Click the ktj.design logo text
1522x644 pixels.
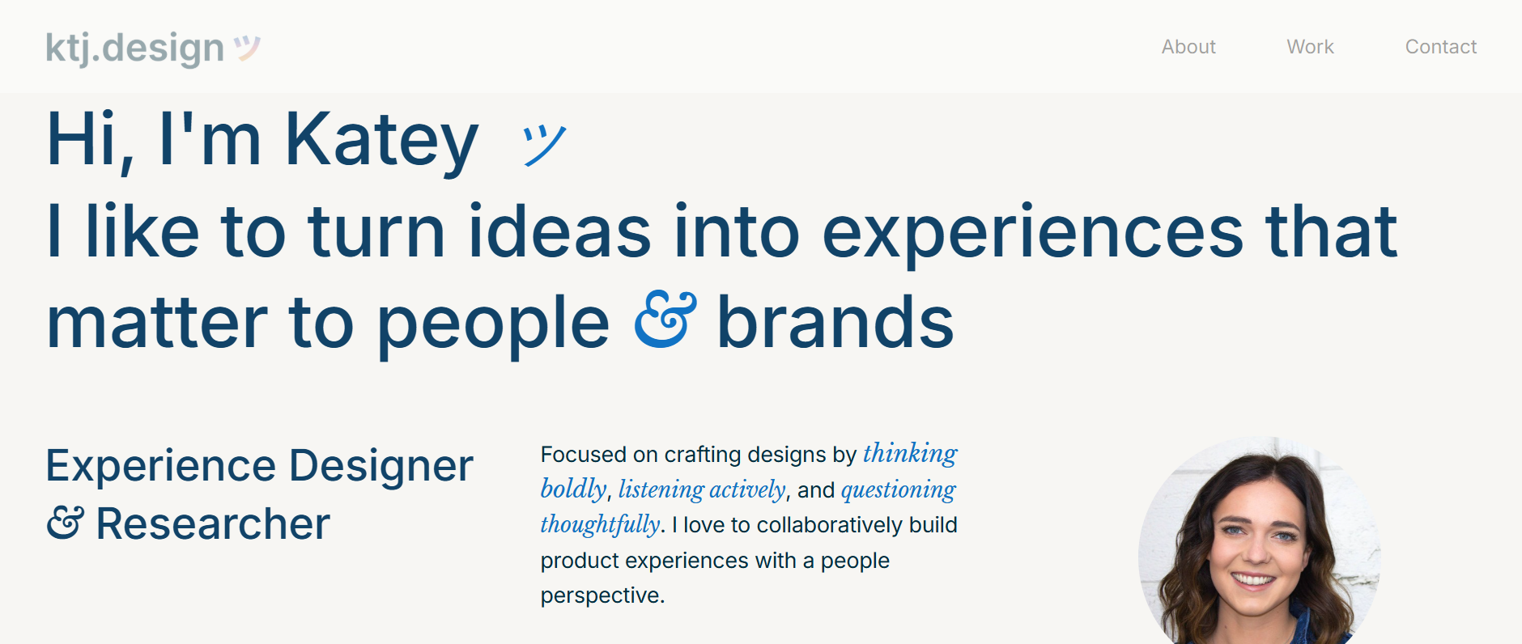coord(134,49)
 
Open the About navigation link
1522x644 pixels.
coord(1188,47)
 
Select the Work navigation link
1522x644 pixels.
coord(1310,47)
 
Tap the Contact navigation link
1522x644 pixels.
coord(1441,47)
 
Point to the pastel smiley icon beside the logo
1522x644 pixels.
coord(247,49)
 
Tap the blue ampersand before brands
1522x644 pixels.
coord(665,320)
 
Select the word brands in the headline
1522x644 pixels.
coord(835,321)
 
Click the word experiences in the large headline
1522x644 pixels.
coord(1032,235)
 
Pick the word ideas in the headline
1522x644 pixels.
coord(559,231)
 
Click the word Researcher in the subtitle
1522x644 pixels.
coord(213,523)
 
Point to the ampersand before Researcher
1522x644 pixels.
coord(65,523)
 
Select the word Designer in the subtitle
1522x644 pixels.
coord(380,466)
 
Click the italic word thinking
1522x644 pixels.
coord(910,454)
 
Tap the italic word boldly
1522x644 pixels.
coord(573,489)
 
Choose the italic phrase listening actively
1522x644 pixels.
coord(702,489)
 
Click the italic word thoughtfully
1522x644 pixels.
coord(600,525)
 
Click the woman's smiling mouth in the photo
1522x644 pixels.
coord(1253,579)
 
